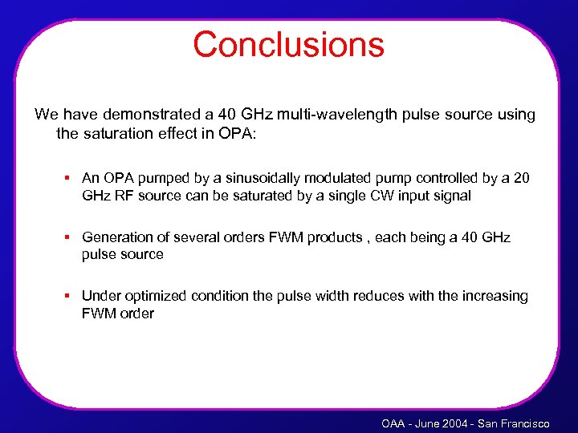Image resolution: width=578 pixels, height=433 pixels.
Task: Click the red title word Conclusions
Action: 288,45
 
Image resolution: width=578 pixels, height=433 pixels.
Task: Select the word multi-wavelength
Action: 331,115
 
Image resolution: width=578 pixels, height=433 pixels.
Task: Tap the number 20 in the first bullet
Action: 520,178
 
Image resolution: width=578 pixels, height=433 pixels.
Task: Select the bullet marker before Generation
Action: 70,237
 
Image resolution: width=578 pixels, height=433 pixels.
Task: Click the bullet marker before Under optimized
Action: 70,296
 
